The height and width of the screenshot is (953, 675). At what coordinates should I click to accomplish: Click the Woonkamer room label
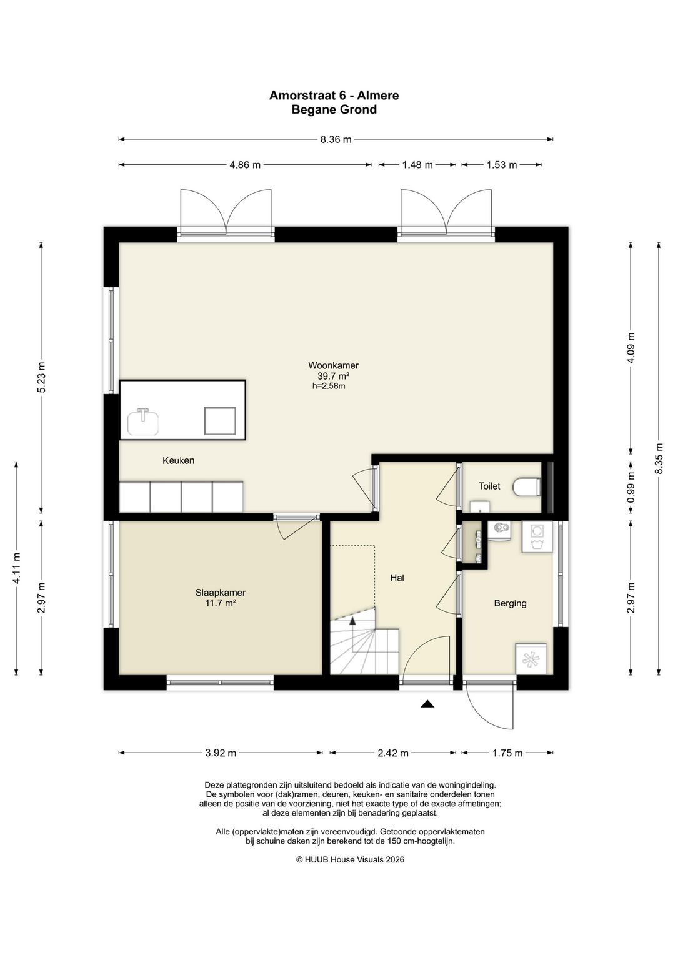coord(333,365)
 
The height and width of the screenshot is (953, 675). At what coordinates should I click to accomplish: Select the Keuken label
coord(179,460)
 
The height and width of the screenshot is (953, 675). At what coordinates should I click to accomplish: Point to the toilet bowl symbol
coord(527,487)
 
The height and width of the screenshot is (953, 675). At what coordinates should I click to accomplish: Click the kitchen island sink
coord(144,422)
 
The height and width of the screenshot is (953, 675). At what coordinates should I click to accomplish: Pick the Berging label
coord(510,603)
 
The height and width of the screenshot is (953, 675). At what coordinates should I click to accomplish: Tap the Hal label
coord(397,578)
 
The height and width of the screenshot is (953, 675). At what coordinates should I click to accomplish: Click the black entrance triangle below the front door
coord(427,704)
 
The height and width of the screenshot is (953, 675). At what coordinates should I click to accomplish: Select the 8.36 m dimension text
coord(336,139)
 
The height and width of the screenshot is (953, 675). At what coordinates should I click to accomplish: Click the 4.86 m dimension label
coord(245,165)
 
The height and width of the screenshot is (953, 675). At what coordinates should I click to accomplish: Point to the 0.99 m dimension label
coord(631,487)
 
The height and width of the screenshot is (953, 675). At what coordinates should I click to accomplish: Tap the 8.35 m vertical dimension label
coord(659,458)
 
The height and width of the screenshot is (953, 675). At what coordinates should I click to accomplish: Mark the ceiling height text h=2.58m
coord(328,387)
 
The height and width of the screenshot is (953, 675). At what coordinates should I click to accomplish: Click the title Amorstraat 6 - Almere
coord(334,96)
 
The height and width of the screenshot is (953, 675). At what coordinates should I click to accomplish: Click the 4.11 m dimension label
coord(17,568)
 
